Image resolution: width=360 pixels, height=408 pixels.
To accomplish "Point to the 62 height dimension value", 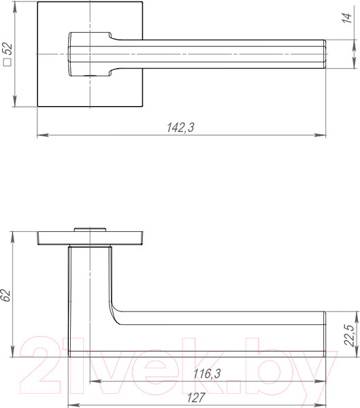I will pyautogui.click(x=6, y=295).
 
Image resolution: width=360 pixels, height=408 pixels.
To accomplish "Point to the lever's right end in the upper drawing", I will pyautogui.click(x=323, y=54).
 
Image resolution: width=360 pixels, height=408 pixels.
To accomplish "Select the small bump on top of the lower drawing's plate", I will pyautogui.click(x=90, y=228).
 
